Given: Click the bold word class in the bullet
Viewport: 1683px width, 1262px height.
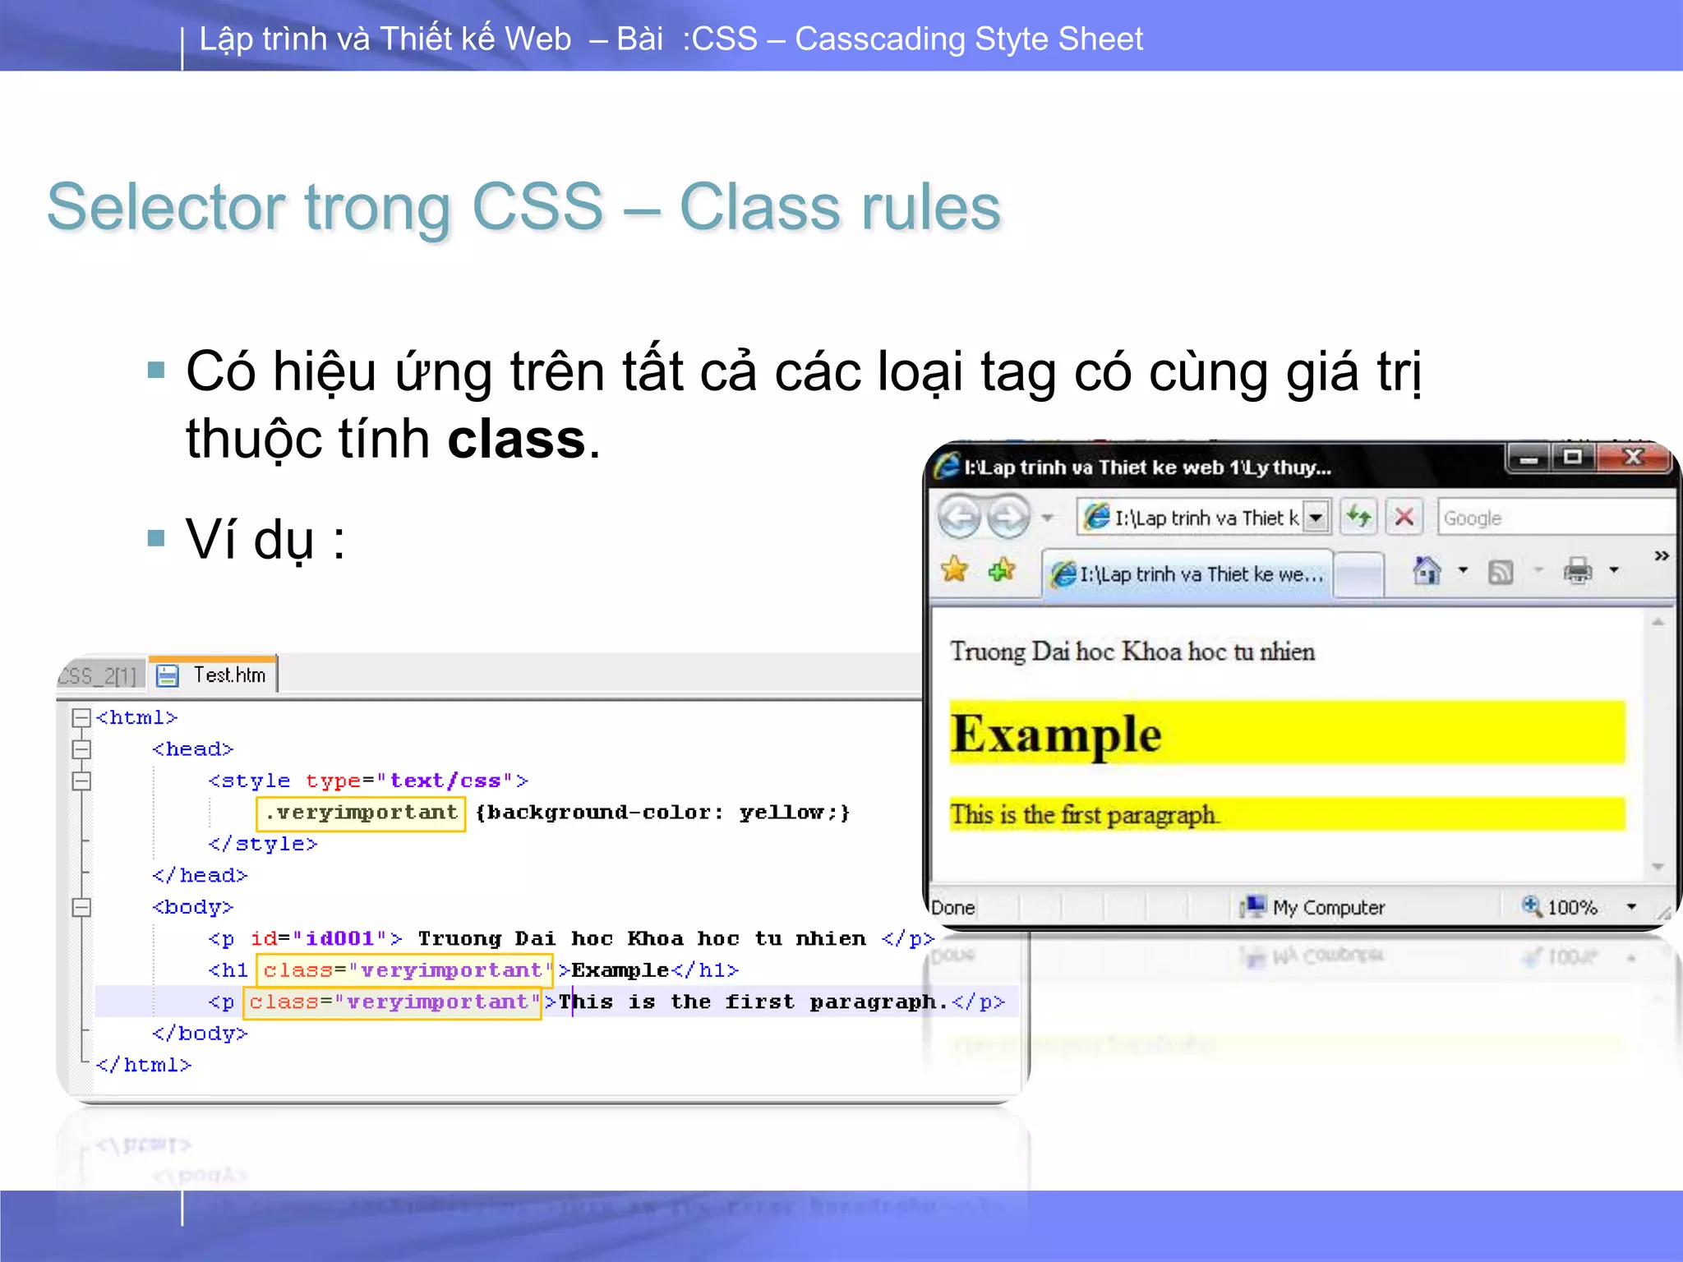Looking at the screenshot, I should (x=516, y=440).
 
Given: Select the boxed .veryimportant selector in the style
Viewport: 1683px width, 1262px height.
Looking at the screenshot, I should (x=361, y=813).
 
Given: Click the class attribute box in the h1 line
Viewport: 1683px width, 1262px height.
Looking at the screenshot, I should (x=404, y=970).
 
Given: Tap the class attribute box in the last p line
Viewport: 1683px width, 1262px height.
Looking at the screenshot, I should (x=393, y=1002).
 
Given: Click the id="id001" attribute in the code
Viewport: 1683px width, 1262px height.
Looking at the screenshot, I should (x=318, y=938).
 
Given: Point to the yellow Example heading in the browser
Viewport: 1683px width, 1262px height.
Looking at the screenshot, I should (x=1057, y=733).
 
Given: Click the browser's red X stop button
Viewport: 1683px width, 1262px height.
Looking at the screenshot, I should (x=1404, y=517).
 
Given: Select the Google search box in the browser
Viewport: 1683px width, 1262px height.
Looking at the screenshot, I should (x=1553, y=518).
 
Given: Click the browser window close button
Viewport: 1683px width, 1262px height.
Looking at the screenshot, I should (x=1634, y=457).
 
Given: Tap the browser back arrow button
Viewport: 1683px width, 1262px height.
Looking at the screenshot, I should (x=959, y=517).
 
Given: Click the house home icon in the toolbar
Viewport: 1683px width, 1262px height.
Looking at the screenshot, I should (x=1427, y=570).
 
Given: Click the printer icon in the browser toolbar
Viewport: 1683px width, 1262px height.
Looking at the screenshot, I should (x=1577, y=570).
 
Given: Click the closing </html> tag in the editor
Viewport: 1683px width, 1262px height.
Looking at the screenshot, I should (x=144, y=1065).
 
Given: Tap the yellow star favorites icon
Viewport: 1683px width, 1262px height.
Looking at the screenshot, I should (x=954, y=569).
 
